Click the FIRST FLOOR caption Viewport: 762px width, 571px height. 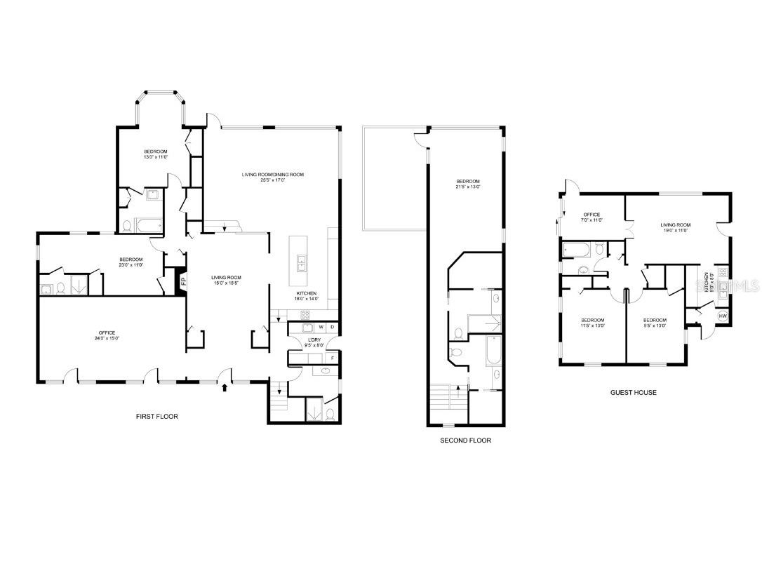[x=156, y=417]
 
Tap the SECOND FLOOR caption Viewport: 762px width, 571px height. [x=465, y=441]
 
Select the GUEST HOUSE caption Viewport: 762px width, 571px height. [x=633, y=393]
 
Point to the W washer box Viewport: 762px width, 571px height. [x=321, y=327]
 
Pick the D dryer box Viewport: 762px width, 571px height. [x=332, y=327]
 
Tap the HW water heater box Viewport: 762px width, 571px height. [x=723, y=316]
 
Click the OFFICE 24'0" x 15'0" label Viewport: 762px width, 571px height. [x=107, y=335]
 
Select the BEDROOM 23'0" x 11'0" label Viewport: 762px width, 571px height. [x=131, y=262]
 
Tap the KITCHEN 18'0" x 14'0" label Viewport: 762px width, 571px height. [x=306, y=296]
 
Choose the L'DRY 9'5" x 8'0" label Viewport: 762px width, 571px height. [x=314, y=342]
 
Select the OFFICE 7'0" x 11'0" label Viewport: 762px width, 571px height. [x=591, y=217]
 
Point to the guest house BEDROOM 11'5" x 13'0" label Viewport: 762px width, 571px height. [x=593, y=323]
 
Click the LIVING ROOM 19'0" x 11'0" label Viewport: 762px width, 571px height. [x=675, y=227]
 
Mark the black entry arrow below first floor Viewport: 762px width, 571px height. [x=225, y=386]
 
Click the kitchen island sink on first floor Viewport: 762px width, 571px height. [x=302, y=263]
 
